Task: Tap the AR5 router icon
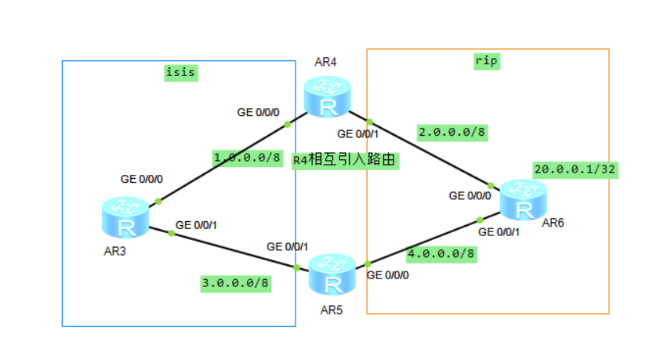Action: coord(332,274)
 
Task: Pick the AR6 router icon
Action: coord(522,200)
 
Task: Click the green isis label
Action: coord(180,73)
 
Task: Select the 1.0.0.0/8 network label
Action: coord(247,158)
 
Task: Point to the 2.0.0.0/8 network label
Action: coord(452,132)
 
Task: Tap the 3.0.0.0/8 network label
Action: coord(236,283)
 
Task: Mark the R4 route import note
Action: coord(346,161)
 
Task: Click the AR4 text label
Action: coord(325,62)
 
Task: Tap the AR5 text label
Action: coord(332,309)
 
